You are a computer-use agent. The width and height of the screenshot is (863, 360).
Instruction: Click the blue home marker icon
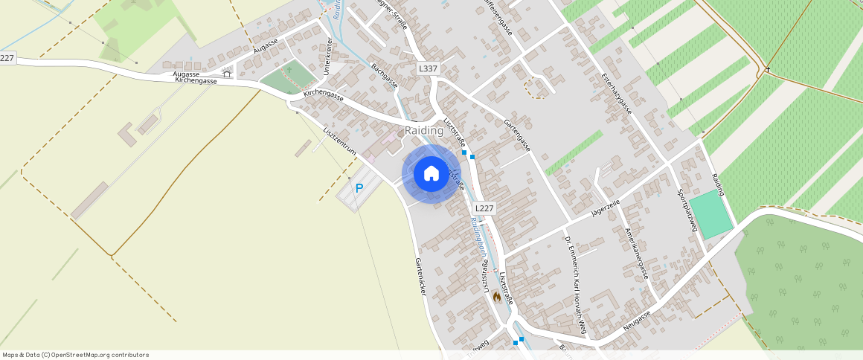(x=431, y=173)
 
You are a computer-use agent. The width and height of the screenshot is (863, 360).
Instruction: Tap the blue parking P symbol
(x=359, y=189)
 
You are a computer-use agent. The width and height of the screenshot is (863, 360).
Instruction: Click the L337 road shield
(x=428, y=68)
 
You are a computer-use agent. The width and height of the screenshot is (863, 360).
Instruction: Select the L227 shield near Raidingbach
(x=484, y=209)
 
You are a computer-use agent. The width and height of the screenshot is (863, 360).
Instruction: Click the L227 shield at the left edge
(x=7, y=58)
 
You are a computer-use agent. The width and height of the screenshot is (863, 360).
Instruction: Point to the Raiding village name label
(x=423, y=131)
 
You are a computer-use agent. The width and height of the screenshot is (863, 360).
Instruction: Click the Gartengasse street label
(x=517, y=135)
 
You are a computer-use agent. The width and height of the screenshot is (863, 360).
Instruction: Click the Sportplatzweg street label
(x=686, y=210)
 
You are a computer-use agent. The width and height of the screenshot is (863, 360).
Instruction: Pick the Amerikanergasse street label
(x=637, y=253)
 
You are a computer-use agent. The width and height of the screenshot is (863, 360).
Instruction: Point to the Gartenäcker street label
(x=420, y=277)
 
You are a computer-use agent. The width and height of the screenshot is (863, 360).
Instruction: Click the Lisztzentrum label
(x=340, y=141)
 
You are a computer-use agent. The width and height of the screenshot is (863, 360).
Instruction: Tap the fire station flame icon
(x=496, y=296)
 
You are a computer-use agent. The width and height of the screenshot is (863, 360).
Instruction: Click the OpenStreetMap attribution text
(x=75, y=355)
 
